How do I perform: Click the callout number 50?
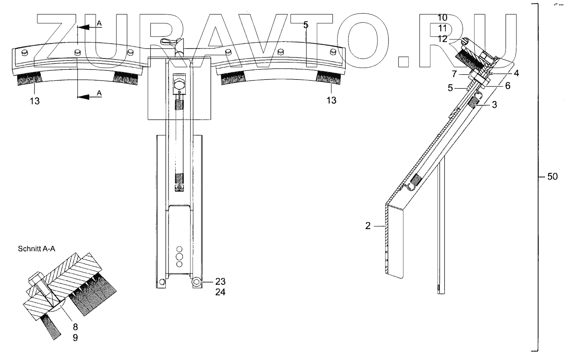552,177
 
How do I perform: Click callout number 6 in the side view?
508,86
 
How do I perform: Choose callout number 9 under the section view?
76,337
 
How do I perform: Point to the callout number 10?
443,18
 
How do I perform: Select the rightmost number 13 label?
332,100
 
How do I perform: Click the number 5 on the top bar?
306,25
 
